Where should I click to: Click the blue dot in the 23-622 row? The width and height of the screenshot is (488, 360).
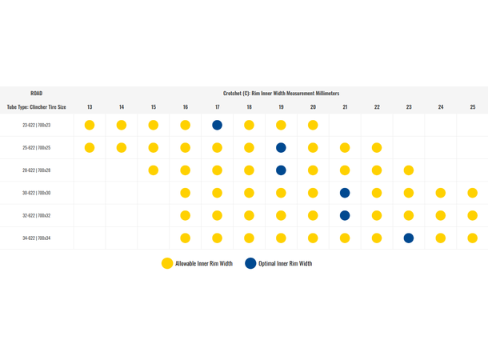217,125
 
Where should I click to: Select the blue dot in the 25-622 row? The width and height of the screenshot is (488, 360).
281,148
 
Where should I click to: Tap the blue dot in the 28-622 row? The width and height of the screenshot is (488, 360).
281,170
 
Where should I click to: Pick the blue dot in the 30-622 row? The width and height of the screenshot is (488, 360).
345,193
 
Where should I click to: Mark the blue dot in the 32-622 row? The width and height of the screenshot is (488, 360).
345,215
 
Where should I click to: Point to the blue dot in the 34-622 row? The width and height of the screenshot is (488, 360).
409,238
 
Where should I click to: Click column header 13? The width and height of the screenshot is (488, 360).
90,107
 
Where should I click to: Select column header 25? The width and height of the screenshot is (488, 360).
473,107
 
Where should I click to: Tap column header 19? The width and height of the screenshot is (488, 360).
281,107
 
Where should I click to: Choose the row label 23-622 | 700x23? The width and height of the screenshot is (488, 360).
37,125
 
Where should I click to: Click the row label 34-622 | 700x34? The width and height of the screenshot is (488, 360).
37,238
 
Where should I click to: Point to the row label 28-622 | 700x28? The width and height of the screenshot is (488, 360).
37,170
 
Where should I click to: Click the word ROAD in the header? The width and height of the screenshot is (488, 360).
37,94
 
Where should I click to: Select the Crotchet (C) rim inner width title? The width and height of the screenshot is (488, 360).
281,94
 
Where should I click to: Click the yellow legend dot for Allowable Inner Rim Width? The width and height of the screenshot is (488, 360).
167,262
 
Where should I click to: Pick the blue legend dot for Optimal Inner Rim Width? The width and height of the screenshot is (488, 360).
251,262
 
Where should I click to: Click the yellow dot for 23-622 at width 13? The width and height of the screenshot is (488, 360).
90,125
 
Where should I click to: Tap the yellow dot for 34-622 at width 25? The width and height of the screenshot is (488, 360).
473,238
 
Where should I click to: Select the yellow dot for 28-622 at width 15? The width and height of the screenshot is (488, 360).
153,170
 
